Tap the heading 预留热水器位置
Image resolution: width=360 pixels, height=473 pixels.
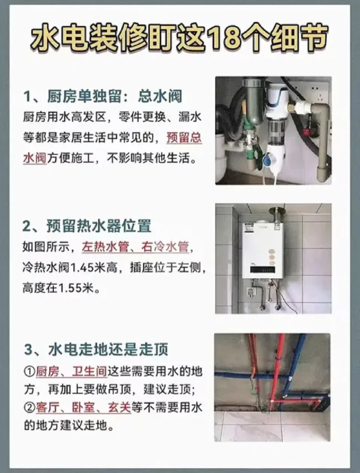[x=99, y=226]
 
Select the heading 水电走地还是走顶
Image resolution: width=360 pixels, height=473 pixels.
[x=108, y=350]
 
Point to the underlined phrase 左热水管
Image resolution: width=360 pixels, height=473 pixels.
[x=103, y=247]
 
